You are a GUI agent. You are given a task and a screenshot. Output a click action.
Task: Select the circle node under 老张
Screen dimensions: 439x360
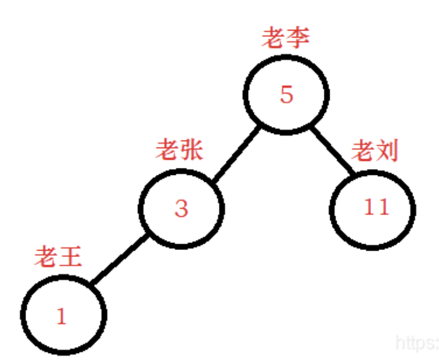pyautogui.click(x=182, y=208)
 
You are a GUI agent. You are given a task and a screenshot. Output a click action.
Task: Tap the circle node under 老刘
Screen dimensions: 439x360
pyautogui.click(x=373, y=208)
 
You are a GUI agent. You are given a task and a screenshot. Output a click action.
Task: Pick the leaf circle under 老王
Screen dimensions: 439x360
pyautogui.click(x=64, y=314)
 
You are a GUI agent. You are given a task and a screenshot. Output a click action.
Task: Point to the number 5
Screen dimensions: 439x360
pyautogui.click(x=286, y=95)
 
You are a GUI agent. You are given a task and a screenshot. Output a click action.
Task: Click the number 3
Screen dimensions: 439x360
pyautogui.click(x=182, y=209)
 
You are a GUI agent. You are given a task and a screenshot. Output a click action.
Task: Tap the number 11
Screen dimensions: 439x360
pyautogui.click(x=375, y=207)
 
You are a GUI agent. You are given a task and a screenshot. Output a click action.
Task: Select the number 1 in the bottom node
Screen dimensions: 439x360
pyautogui.click(x=62, y=316)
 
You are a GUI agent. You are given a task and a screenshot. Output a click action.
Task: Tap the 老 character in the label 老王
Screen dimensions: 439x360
pyautogui.click(x=46, y=258)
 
